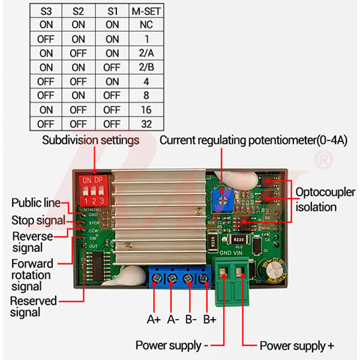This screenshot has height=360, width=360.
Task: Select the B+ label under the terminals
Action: click(209, 319)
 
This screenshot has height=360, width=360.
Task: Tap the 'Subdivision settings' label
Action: click(91, 140)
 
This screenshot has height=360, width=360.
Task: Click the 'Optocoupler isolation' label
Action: click(325, 199)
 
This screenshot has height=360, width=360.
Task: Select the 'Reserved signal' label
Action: click(34, 306)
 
